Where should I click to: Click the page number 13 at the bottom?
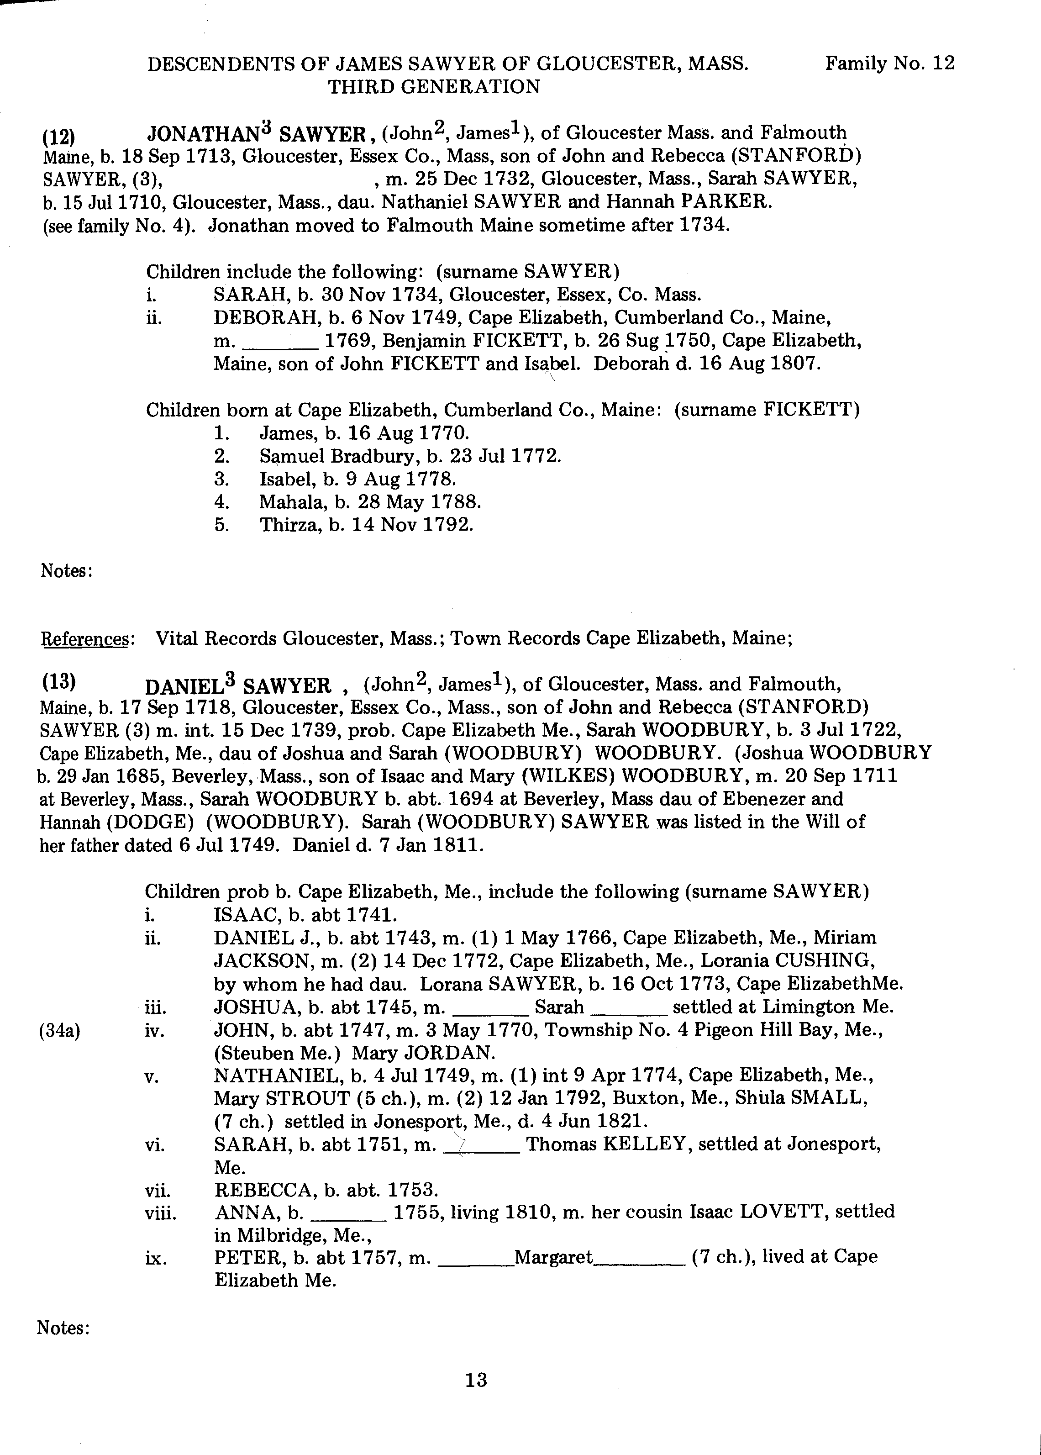point(476,1379)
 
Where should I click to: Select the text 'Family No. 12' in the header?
point(890,63)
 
